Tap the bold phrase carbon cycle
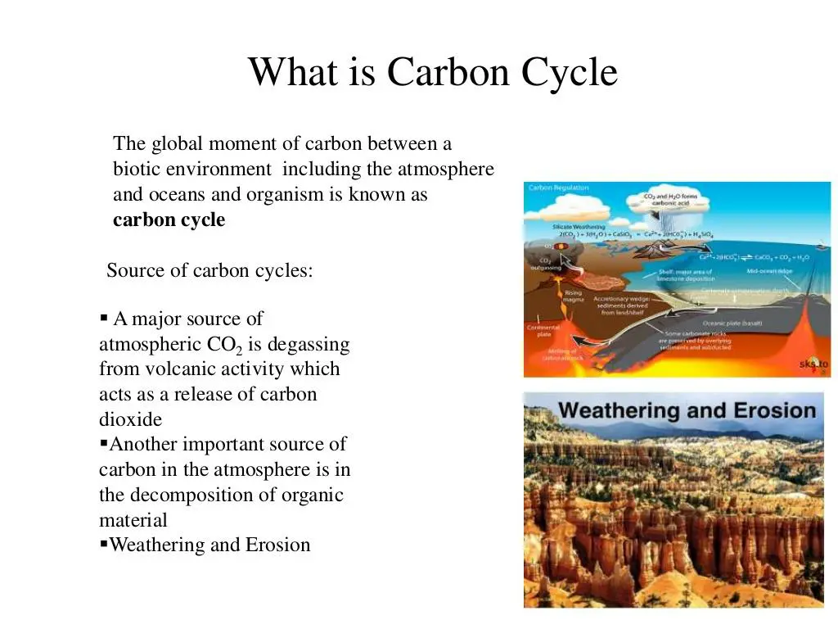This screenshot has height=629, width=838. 169,220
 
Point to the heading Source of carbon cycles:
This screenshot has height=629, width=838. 210,270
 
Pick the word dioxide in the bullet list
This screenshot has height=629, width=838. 131,419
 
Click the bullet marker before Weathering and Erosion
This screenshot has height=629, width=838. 103,544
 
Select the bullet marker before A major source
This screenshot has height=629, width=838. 103,318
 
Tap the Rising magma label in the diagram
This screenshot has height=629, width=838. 573,296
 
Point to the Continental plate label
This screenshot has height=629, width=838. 543,330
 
